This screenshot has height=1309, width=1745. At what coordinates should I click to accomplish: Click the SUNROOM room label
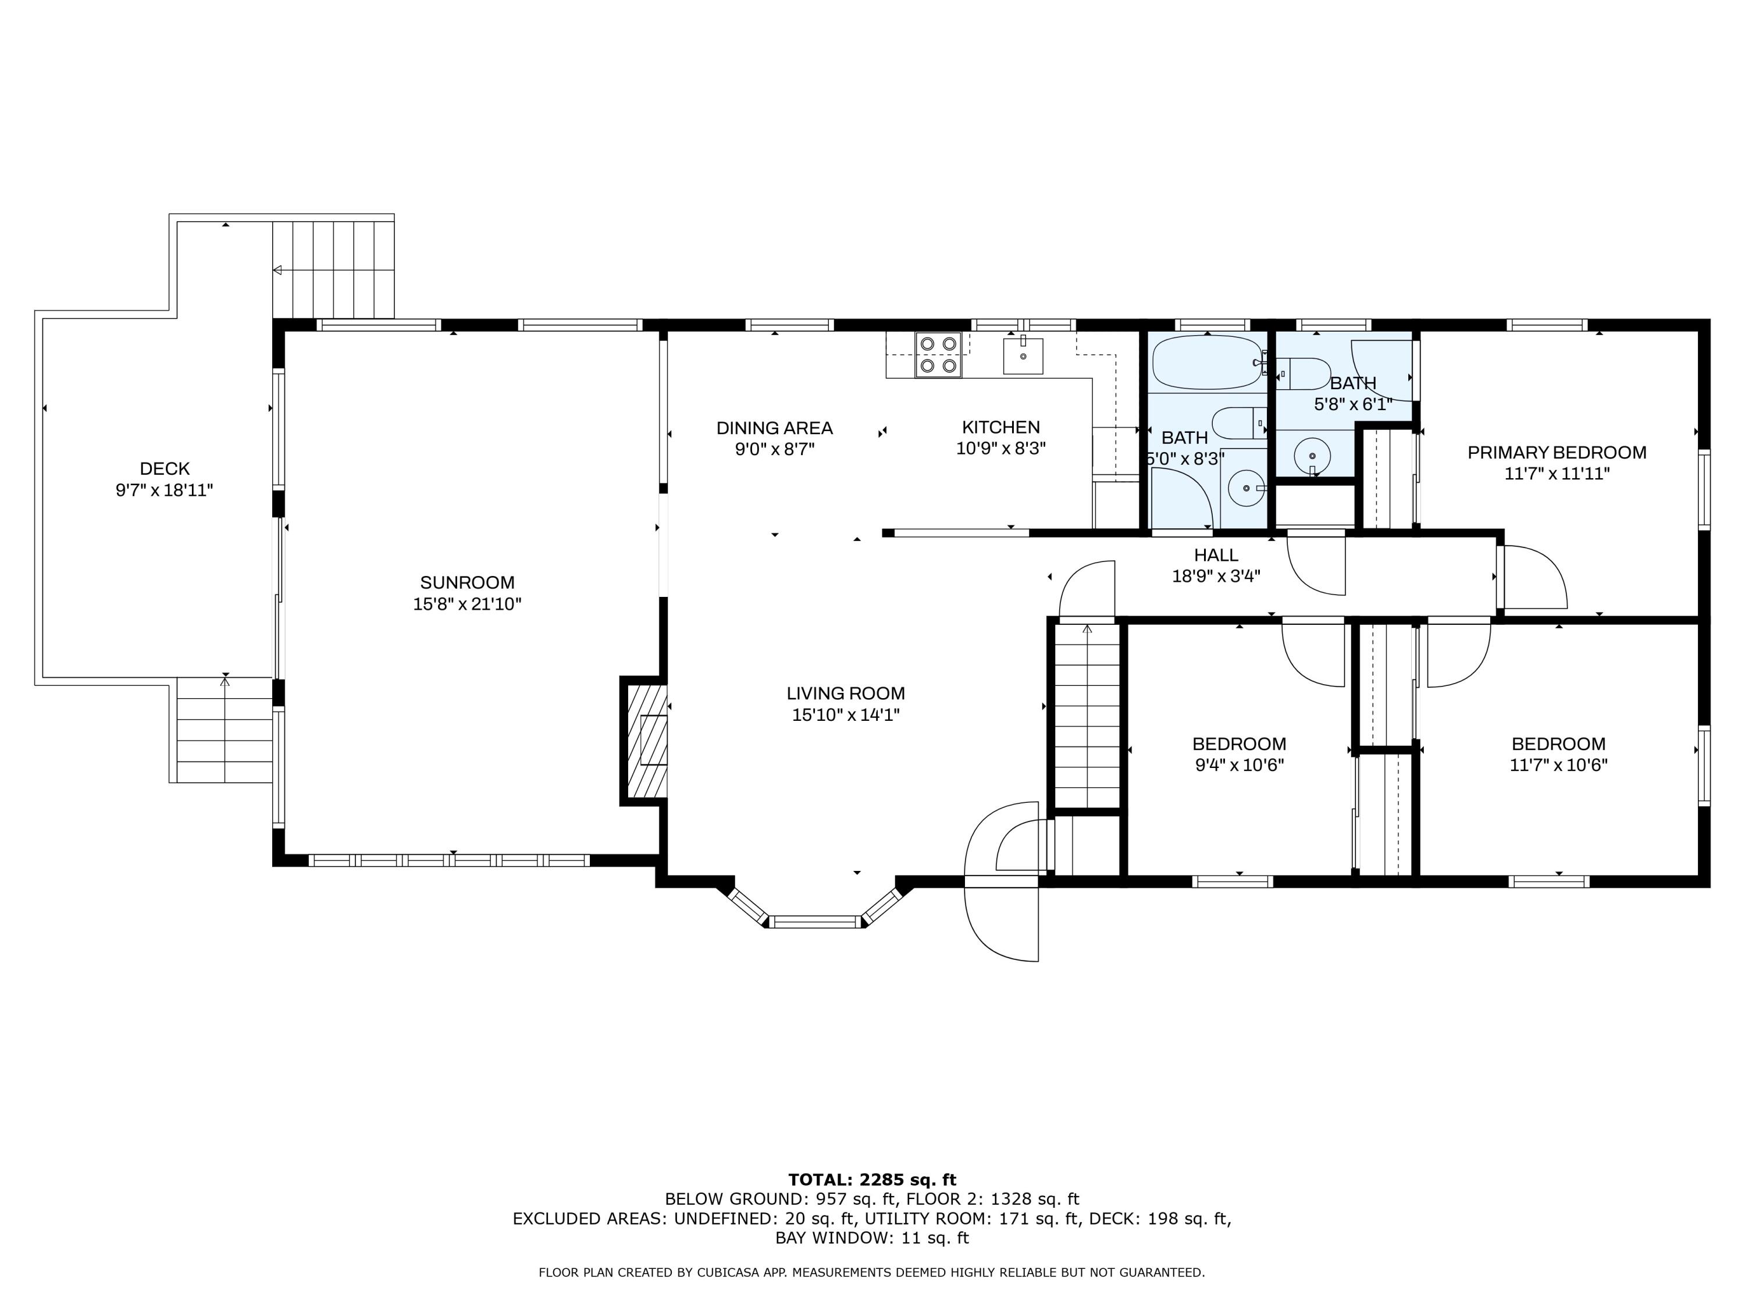(x=467, y=582)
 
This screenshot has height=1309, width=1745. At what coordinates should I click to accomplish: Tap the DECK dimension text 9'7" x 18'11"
(x=164, y=490)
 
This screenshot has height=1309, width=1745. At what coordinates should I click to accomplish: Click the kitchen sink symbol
(x=1023, y=356)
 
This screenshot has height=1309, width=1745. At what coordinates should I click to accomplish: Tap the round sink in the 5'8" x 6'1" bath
(x=1312, y=456)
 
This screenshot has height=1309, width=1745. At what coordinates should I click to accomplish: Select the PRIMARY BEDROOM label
(x=1557, y=452)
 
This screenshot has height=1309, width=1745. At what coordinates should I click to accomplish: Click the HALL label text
(x=1216, y=554)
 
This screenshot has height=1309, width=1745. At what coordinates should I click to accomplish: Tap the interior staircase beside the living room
(x=1087, y=714)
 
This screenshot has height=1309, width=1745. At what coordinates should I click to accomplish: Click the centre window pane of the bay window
(x=815, y=921)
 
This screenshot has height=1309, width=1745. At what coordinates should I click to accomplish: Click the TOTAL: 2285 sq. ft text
(x=872, y=1180)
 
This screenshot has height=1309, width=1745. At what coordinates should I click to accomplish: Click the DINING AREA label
(x=774, y=428)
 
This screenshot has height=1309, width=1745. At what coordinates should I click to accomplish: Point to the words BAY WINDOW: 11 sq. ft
(x=872, y=1238)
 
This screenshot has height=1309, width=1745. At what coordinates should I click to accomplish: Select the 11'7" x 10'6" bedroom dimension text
(x=1558, y=764)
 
